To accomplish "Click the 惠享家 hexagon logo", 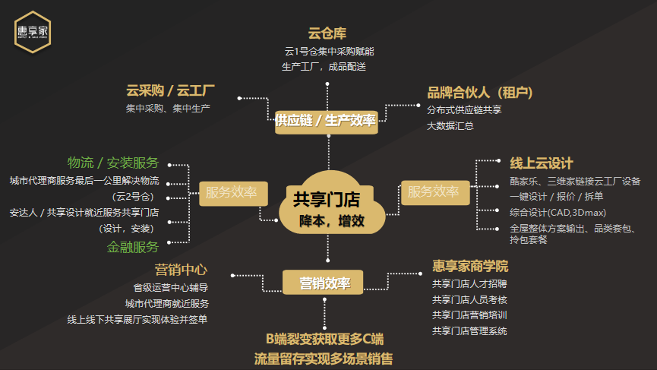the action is (x=33, y=32).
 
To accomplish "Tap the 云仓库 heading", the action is (x=327, y=33).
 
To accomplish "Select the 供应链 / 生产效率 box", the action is (x=327, y=122).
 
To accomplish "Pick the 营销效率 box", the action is (x=323, y=283).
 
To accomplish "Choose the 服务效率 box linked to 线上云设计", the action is (x=435, y=192).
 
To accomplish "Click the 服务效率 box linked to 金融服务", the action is (x=233, y=193).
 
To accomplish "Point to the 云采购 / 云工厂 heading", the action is (x=170, y=90).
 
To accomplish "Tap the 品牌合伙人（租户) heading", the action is (x=480, y=92).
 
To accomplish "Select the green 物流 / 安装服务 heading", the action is (x=113, y=163).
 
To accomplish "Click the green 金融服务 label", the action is (x=133, y=247).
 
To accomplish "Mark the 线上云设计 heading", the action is (x=542, y=163).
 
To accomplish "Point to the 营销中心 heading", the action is (x=181, y=270).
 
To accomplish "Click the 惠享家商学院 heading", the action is (x=470, y=266).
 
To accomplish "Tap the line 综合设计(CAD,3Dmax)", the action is (x=558, y=213).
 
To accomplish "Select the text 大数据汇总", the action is (x=450, y=125).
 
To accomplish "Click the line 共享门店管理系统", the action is (x=469, y=331).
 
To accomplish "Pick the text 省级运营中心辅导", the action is (x=171, y=287).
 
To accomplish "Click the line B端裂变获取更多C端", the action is (x=325, y=339).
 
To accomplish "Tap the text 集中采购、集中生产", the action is (x=168, y=109).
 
